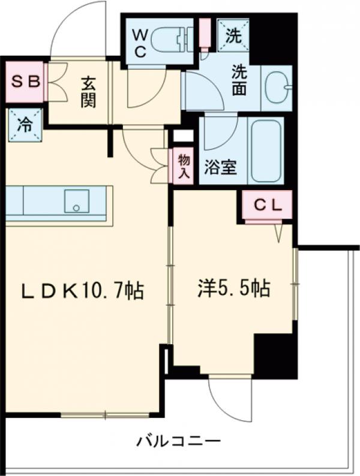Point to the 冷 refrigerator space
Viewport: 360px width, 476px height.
25,125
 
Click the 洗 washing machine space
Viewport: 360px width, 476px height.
234,35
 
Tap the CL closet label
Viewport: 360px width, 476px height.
267,204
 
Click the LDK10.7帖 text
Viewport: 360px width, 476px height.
82,291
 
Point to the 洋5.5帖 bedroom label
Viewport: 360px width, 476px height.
233,288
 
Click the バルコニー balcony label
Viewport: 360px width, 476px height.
178,442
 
